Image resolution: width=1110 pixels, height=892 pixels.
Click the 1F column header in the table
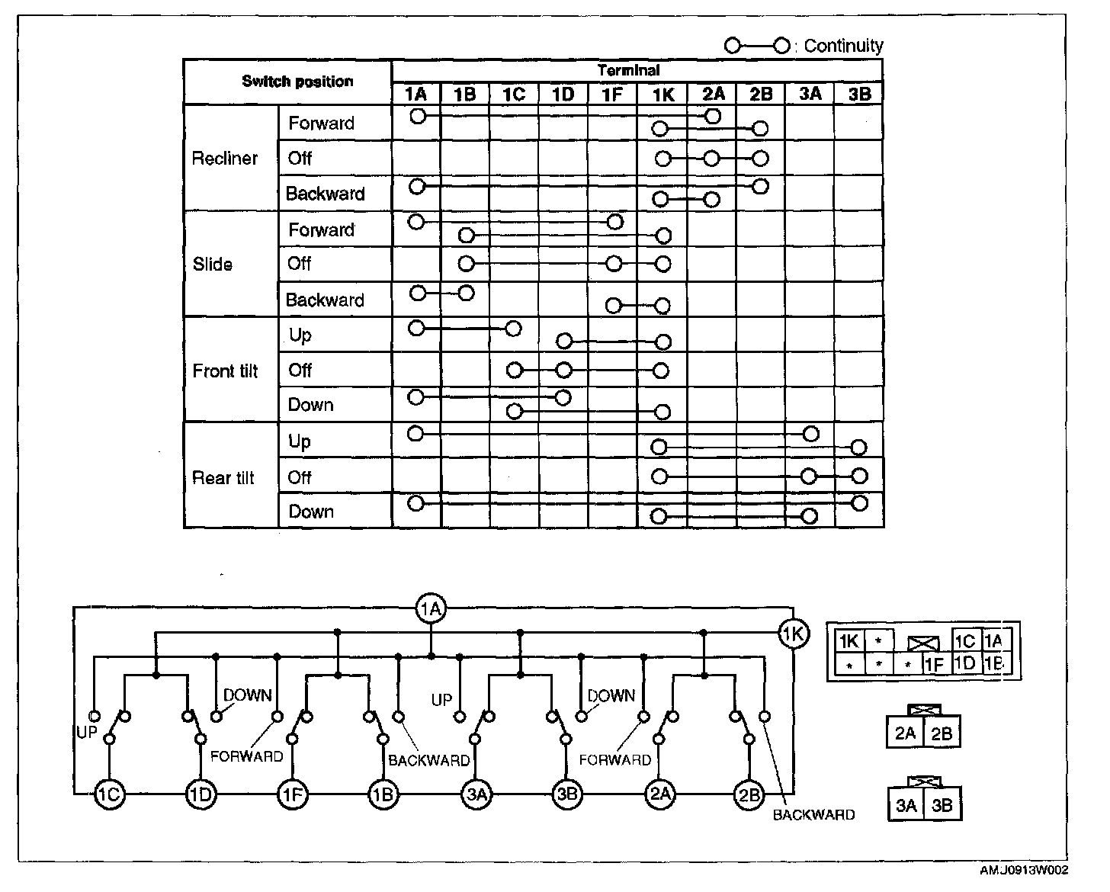pos(611,94)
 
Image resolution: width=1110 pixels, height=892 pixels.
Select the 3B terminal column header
pos(858,94)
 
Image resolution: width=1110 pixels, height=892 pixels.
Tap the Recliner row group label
pos(225,159)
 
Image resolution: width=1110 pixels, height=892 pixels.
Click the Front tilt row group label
pos(225,371)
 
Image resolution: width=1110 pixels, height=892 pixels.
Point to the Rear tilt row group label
pos(223,478)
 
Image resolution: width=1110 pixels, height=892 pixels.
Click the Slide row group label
pos(213,265)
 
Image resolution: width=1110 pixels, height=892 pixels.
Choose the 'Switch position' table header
pos(297,82)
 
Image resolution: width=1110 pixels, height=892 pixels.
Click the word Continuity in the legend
pos(843,46)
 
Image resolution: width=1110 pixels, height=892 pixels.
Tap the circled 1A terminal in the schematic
pos(431,608)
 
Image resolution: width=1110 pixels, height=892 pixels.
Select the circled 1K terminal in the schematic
pos(794,634)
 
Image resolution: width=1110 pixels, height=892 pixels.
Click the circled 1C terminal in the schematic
pos(109,794)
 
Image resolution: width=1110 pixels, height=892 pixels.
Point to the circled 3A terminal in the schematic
pos(476,794)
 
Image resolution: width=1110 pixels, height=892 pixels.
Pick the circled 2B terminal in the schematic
pos(749,794)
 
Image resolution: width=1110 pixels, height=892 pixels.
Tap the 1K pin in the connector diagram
pos(849,642)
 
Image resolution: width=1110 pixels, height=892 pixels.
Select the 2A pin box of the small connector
pos(905,733)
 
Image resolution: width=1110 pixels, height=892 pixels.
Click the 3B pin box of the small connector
pos(942,805)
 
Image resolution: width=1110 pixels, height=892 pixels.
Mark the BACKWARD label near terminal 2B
pos(813,815)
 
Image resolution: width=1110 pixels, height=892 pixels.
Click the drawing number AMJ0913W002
pos(1024,871)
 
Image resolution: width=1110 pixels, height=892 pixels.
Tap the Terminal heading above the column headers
pos(628,70)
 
